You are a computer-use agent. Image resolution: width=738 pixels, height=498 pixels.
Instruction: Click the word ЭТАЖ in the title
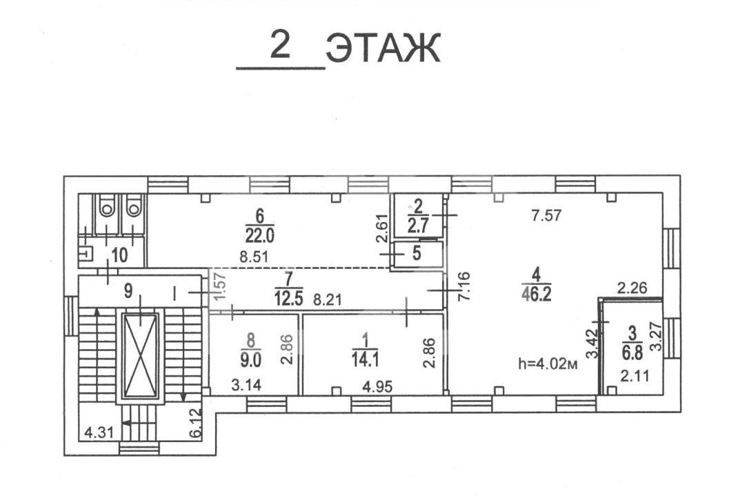[x=383, y=48]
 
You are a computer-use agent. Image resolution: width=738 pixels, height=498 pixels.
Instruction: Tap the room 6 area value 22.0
[x=259, y=235]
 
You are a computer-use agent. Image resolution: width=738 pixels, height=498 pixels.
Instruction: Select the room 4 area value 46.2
[x=536, y=294]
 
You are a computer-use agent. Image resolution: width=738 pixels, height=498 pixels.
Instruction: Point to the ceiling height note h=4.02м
[x=548, y=364]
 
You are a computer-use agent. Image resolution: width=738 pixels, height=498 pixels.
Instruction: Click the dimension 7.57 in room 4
[x=546, y=216]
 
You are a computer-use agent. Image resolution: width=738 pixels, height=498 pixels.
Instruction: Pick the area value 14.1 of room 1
[x=365, y=359]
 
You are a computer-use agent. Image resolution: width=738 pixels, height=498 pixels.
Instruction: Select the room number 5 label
[x=417, y=253]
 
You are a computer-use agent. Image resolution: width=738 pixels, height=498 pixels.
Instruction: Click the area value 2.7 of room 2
[x=417, y=226]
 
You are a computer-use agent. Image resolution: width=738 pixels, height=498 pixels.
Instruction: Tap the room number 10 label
[x=119, y=255]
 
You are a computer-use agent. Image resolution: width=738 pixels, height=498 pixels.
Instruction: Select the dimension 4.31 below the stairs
[x=99, y=431]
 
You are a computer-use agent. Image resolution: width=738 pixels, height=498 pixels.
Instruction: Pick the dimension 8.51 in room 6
[x=254, y=257]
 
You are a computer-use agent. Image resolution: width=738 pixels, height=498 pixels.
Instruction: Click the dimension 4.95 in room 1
[x=377, y=386]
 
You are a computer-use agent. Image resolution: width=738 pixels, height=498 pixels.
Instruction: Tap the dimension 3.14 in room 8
[x=247, y=386]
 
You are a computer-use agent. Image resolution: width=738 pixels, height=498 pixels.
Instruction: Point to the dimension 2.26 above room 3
[x=632, y=287]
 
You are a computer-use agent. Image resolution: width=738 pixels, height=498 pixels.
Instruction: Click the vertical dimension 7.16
[x=463, y=286]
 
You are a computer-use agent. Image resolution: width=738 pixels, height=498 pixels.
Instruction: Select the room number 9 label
[x=128, y=291]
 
